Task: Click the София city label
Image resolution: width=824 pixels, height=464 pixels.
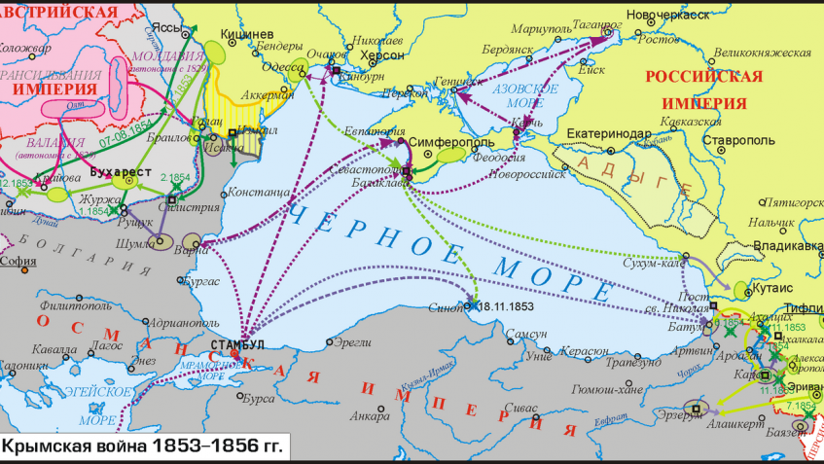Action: tap(18, 261)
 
